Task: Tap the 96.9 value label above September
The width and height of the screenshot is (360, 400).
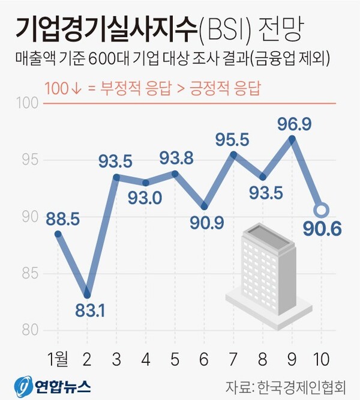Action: [x=293, y=124]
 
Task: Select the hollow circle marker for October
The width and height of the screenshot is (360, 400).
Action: [x=322, y=210]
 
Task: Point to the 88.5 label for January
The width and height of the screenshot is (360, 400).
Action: [x=62, y=217]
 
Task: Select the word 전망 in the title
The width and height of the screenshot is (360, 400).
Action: [x=281, y=28]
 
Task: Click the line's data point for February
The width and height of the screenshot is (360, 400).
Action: [x=88, y=295]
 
